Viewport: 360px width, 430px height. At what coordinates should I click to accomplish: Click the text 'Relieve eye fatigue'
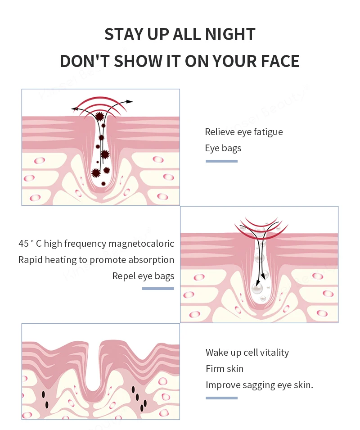243,132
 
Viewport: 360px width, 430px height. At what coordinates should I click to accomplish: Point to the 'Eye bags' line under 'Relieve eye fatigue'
223,148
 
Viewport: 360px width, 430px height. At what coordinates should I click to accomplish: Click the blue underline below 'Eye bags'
221,161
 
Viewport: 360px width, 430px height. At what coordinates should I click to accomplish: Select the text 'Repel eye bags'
143,276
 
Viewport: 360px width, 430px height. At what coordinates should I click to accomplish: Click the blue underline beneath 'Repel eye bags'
158,289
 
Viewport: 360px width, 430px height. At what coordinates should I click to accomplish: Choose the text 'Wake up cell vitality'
247,353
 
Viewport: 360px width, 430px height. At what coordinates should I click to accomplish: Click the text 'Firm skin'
225,369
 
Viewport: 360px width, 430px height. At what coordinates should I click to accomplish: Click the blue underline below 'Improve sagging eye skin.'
221,398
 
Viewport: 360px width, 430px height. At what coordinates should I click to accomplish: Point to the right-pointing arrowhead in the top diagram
130,102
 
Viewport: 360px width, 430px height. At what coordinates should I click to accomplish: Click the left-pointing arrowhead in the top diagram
74,109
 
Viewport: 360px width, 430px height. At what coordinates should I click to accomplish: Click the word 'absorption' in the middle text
152,260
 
